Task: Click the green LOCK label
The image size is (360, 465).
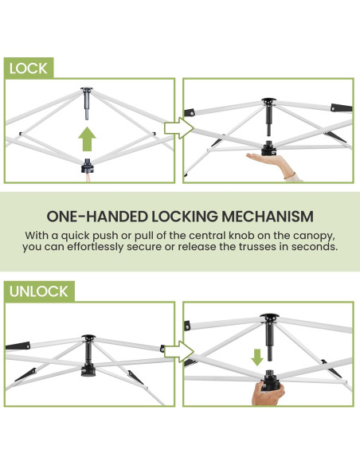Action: point(29,68)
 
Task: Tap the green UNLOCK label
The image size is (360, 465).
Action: point(39,291)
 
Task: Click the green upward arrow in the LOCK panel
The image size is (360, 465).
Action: point(87,139)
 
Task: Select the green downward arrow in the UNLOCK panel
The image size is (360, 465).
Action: point(257,357)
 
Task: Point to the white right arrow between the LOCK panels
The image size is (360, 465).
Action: point(179,128)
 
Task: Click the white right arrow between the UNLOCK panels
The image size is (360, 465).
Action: point(179,352)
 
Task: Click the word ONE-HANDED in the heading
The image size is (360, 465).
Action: point(97,217)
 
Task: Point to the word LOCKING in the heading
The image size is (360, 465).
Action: point(185,217)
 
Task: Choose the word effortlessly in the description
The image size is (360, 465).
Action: point(96,247)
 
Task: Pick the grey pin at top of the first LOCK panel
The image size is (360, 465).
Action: point(87,104)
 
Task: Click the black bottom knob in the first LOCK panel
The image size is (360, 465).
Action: point(88,166)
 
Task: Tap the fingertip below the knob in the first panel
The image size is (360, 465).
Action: point(88,178)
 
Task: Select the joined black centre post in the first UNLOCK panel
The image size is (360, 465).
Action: point(88,356)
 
